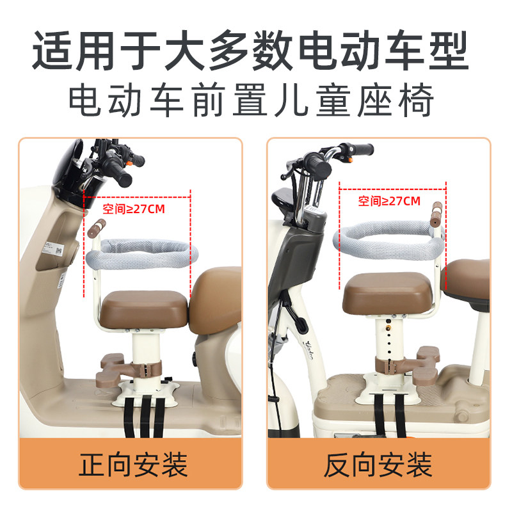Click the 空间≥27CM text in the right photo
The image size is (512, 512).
click(389, 201)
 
